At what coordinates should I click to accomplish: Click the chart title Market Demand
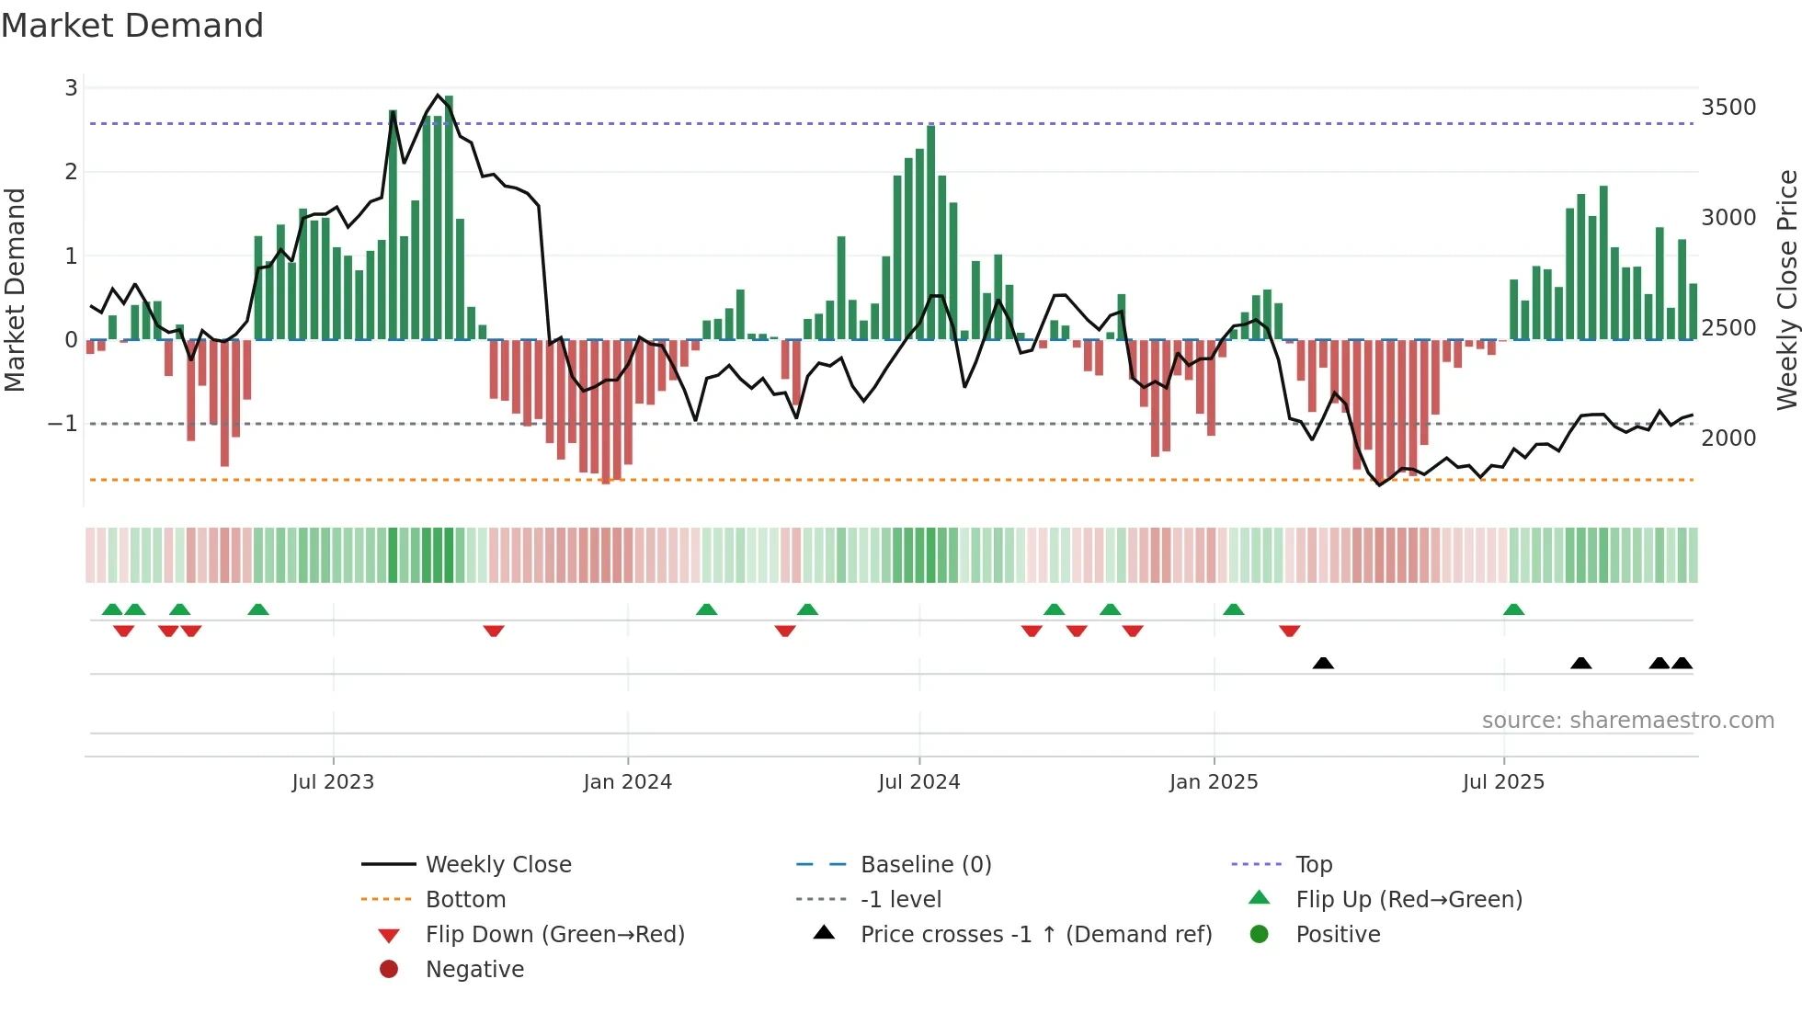pos(132,26)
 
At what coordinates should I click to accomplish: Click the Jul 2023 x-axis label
pos(333,782)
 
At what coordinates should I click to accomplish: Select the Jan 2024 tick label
pos(627,782)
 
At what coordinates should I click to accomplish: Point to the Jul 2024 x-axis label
pos(918,782)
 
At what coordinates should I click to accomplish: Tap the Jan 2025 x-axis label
pos(1213,782)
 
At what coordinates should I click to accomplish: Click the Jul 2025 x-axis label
pos(1503,782)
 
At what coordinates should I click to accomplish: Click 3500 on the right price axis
pos(1728,108)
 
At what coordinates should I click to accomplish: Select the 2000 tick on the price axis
pos(1728,438)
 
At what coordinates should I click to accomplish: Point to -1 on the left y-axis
pos(63,424)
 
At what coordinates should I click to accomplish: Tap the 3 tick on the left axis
pos(71,88)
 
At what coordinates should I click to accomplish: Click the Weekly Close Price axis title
pos(1786,290)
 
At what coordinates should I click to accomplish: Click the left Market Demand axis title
pos(16,290)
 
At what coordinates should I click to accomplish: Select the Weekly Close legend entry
pos(497,865)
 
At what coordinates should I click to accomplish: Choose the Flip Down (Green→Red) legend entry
pos(554,935)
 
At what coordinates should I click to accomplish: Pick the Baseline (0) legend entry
pos(925,865)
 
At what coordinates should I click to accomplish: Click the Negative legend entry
pos(474,970)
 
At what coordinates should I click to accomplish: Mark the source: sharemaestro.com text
pos(1627,721)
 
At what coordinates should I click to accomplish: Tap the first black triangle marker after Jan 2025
pos(1323,663)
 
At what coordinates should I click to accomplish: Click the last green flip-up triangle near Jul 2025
pos(1513,609)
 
